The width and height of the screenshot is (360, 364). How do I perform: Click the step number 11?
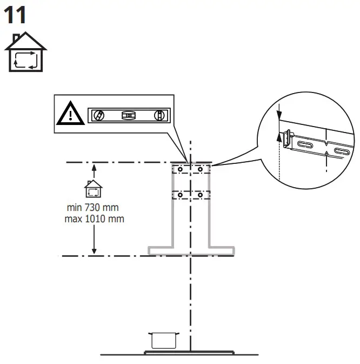pos(15,15)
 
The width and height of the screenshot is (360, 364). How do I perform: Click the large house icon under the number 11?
pos(26,52)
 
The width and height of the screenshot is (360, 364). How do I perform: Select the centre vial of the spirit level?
pos(128,115)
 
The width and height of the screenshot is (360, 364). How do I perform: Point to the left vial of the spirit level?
pos(98,115)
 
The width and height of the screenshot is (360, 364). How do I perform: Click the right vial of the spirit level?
pos(159,115)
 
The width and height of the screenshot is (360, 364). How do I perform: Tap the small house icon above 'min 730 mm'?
pos(93,190)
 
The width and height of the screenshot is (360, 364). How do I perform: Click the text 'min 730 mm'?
pos(92,208)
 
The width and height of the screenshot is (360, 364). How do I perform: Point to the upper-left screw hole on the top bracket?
pos(180,169)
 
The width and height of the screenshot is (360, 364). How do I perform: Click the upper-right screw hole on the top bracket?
pos(200,169)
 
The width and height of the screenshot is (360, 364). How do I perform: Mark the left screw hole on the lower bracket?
pos(180,194)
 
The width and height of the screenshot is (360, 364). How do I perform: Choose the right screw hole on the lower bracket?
pos(200,194)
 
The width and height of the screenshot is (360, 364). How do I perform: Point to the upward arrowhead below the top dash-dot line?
pos(94,167)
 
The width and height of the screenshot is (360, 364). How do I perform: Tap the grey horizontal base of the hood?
pos(191,251)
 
